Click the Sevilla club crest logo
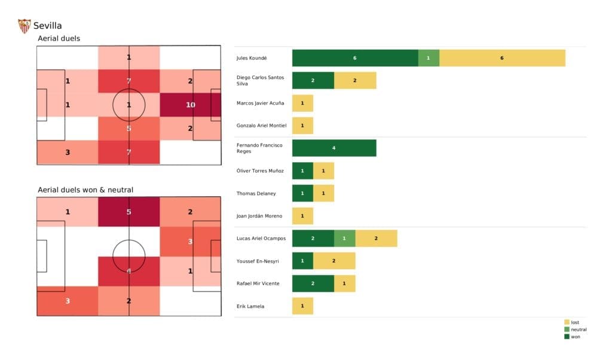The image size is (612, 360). tap(25, 26)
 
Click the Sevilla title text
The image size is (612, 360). tap(48, 26)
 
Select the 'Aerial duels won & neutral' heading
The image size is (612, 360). tap(85, 190)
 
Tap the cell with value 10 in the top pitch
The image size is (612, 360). tap(191, 105)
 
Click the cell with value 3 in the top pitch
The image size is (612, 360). tap(68, 152)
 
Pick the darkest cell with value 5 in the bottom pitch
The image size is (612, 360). tap(129, 212)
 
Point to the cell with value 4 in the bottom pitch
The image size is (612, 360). tap(129, 270)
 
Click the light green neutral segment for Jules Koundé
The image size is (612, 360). tap(429, 58)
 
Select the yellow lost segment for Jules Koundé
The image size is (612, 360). tap(502, 58)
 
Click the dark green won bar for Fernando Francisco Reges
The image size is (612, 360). tap(334, 148)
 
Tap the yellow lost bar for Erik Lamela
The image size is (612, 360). tap(302, 306)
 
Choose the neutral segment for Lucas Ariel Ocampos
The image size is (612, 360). tap(344, 238)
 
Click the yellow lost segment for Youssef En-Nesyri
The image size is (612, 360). tap(334, 261)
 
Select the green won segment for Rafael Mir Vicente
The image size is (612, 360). tap(313, 283)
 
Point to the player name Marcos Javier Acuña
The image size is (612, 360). tap(261, 103)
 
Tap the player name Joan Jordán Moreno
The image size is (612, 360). tap(259, 216)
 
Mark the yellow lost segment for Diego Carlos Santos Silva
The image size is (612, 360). tap(355, 81)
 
